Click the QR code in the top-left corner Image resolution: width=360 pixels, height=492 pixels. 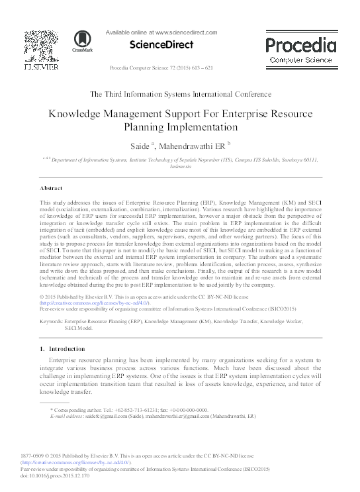point(41,44)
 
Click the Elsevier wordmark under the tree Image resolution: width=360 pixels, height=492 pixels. point(41,68)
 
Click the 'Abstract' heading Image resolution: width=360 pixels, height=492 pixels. point(52,188)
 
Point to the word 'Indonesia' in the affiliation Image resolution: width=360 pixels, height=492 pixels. point(180,167)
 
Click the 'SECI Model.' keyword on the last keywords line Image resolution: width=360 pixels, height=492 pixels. point(79,327)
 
